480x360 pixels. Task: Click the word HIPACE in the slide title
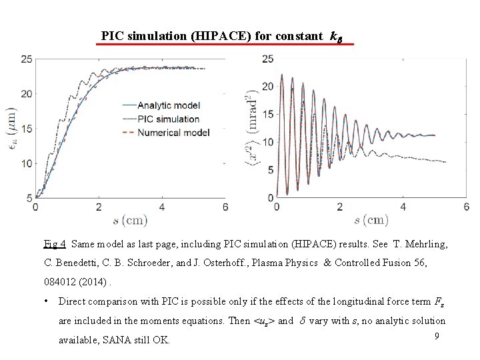pyautogui.click(x=213, y=36)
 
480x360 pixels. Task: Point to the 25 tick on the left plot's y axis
pyautogui.click(x=26, y=59)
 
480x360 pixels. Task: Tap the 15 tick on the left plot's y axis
pyautogui.click(x=26, y=129)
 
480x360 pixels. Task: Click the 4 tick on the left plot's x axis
pyautogui.click(x=162, y=207)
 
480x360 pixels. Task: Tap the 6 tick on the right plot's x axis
pyautogui.click(x=465, y=207)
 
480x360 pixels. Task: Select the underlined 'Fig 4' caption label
pyautogui.click(x=55, y=245)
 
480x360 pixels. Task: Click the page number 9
pyautogui.click(x=437, y=337)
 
